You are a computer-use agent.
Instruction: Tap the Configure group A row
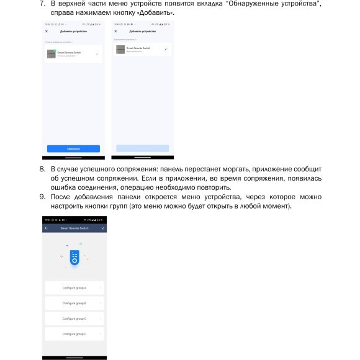point(74,288)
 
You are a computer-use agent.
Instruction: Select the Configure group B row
point(74,303)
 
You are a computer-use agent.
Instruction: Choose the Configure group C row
point(74,318)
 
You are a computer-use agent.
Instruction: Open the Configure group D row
point(74,334)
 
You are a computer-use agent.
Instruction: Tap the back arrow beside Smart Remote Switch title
point(47,229)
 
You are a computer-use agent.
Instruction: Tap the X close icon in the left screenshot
point(47,31)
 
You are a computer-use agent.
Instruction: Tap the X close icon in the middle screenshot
point(115,31)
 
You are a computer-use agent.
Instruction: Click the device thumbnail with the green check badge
point(51,53)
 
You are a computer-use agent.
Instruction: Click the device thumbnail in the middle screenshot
point(120,49)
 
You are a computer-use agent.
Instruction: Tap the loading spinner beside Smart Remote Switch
point(166,48)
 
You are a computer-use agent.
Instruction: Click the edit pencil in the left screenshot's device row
point(97,54)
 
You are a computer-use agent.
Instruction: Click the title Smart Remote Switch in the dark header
point(74,229)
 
